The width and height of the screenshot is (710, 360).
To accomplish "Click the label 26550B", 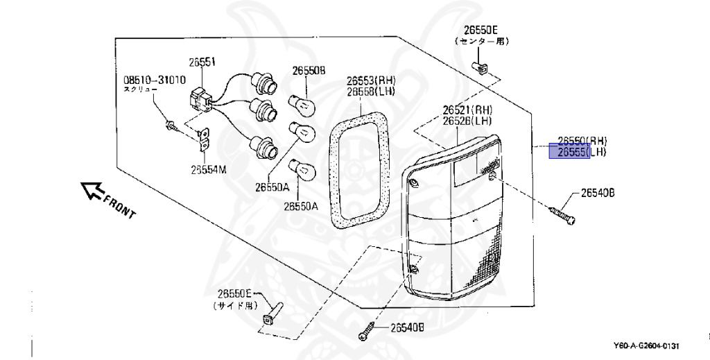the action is (x=309, y=70).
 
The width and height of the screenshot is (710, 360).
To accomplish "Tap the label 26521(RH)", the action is (x=467, y=110).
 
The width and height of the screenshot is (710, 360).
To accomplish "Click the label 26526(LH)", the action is (x=467, y=121).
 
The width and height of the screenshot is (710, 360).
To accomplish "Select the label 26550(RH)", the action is (x=578, y=140).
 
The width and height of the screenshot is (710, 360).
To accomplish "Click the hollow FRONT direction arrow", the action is (x=92, y=190).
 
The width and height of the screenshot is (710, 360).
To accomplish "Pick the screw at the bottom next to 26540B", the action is (x=367, y=332).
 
